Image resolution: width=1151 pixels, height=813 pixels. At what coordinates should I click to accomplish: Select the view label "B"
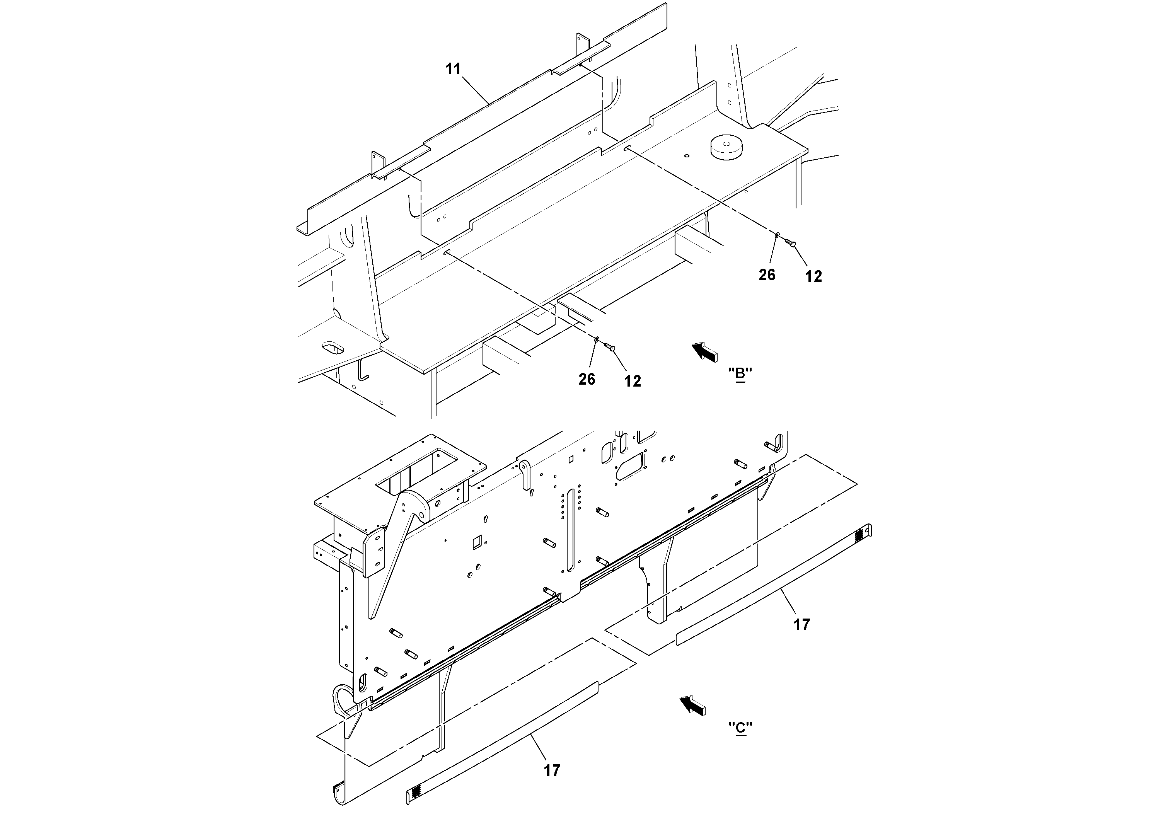coord(740,373)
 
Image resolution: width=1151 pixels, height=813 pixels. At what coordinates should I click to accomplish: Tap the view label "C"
coord(740,727)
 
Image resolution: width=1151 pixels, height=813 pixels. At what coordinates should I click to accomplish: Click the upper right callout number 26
coord(767,275)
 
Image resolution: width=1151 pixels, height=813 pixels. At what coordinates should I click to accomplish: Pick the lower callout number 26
coord(587,379)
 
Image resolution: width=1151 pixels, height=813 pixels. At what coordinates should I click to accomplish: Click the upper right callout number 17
coord(801,624)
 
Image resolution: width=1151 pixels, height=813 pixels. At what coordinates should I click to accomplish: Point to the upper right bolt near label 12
coord(790,243)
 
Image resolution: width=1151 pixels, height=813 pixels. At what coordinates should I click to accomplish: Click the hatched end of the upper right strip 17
coord(859,535)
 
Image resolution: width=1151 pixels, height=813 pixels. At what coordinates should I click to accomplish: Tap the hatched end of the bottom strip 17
coord(416,793)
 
